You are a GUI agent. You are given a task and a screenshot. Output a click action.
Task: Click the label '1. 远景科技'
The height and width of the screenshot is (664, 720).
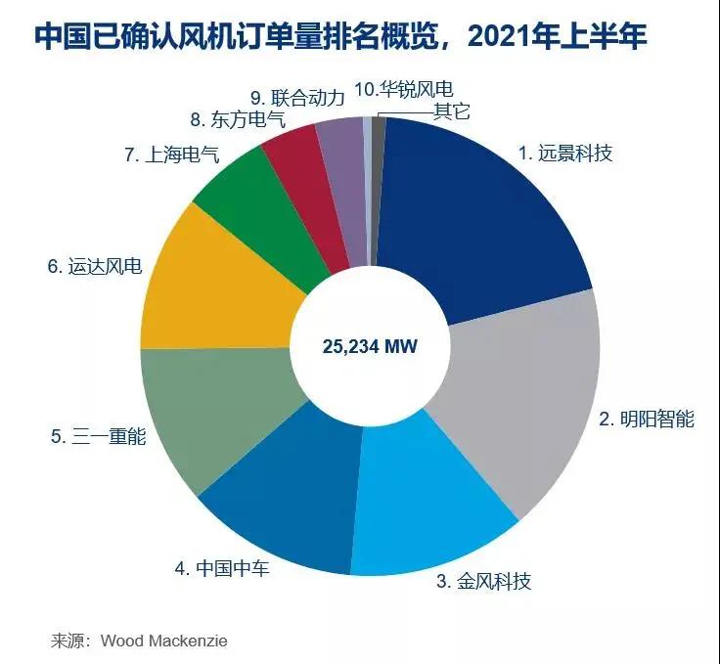click(x=564, y=154)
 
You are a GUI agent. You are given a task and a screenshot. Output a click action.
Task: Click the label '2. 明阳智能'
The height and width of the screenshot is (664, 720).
click(x=646, y=420)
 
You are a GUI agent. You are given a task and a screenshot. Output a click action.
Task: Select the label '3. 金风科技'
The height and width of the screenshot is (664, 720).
click(x=483, y=582)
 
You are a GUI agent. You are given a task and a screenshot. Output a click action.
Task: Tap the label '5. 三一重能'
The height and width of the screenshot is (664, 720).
click(x=98, y=436)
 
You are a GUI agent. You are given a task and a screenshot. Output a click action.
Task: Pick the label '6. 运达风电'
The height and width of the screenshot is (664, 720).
click(x=94, y=267)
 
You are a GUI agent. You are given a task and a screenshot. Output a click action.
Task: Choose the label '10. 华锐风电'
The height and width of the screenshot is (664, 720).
click(x=403, y=91)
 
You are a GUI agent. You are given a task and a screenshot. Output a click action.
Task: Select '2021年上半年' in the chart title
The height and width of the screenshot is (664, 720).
click(x=558, y=37)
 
